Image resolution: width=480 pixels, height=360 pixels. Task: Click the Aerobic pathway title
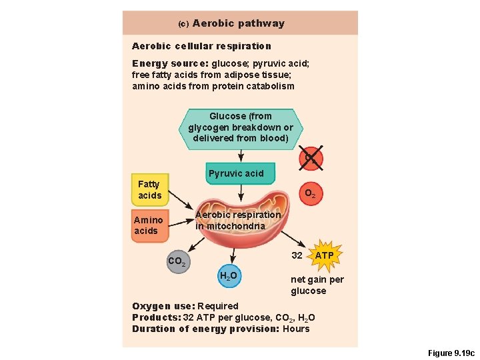tap(238, 23)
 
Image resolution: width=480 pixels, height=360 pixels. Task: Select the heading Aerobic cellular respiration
tap(201, 46)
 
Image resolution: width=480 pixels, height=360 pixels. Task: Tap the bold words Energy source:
tap(170, 63)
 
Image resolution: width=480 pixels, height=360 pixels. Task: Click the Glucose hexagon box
tap(241, 127)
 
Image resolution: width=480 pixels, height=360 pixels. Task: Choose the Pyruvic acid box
tap(236, 173)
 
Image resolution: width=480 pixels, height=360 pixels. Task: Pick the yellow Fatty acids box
tap(149, 189)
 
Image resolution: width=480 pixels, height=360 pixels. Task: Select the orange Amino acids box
tap(148, 225)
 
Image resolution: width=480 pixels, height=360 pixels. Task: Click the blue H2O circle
tap(228, 275)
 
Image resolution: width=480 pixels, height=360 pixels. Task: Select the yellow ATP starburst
tap(325, 255)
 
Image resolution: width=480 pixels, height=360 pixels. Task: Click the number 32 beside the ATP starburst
tap(297, 255)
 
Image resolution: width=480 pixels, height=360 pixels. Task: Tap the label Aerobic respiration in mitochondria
tap(238, 221)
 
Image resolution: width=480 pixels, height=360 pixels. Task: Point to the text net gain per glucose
tap(317, 285)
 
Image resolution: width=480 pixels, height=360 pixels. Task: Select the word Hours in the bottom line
tap(296, 329)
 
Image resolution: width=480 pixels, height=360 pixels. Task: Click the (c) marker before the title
tap(183, 24)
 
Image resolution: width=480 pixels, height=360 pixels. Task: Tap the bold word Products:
tap(156, 317)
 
